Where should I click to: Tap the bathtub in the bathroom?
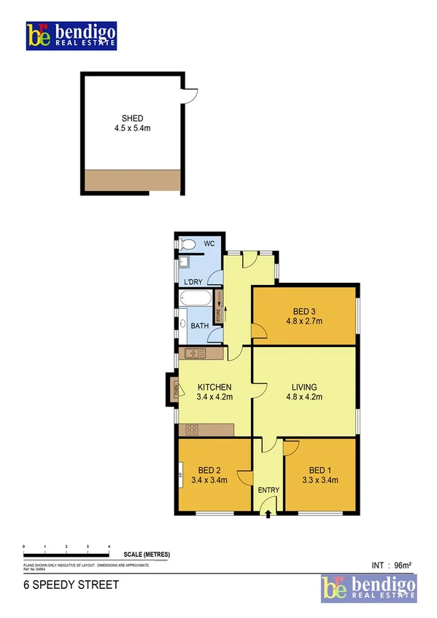(196, 298)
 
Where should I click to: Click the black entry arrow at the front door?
(268, 515)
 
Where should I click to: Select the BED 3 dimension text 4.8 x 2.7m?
(304, 321)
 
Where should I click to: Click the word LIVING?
(304, 387)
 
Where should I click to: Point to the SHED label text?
(132, 118)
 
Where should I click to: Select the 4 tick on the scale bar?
(109, 546)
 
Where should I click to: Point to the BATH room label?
(200, 326)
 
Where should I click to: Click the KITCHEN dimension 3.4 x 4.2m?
(214, 397)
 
